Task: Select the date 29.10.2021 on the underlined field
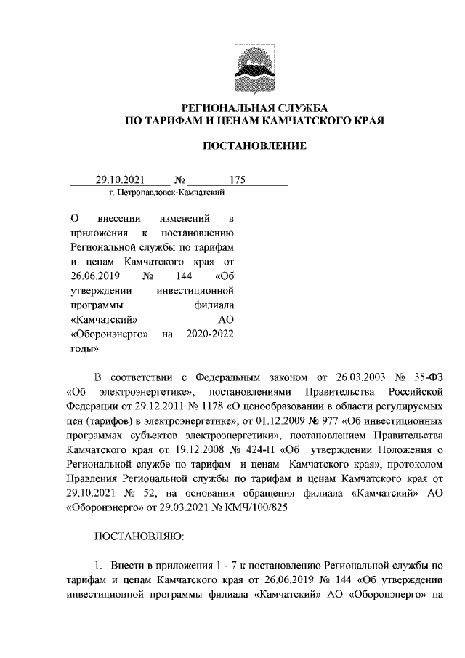point(121,180)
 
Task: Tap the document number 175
point(238,180)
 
